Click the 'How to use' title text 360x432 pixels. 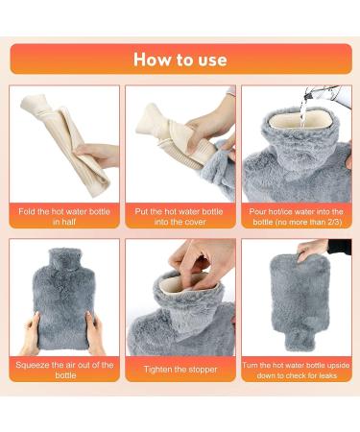180,60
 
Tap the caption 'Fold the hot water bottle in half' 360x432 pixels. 64,216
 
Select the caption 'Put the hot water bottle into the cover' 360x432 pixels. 180,216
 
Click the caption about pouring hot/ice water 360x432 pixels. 297,216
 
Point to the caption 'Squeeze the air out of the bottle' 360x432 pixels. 64,370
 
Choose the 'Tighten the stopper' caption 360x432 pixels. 180,370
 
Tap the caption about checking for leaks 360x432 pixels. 297,370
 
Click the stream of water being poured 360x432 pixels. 302,110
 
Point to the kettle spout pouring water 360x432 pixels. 308,93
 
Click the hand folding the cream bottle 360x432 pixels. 97,155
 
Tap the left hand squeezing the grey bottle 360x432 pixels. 31,333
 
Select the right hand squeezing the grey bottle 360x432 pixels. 95,333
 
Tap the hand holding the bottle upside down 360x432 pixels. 311,250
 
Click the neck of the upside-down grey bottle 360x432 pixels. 300,339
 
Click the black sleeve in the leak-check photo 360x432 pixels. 340,247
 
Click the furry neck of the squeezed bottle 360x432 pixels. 64,261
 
